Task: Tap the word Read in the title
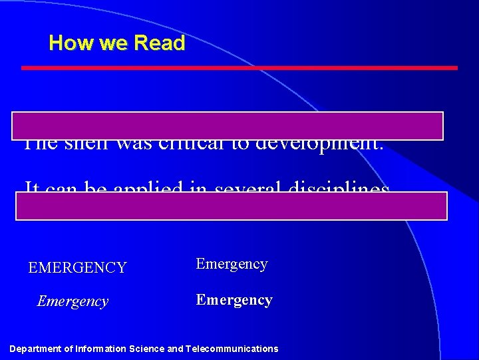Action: [x=160, y=43]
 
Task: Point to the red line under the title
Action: [x=239, y=68]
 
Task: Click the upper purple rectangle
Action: [x=227, y=125]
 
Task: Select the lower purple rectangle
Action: [x=232, y=206]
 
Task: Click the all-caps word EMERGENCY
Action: [x=77, y=268]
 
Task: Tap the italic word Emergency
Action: [x=73, y=301]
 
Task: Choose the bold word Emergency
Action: [x=234, y=300]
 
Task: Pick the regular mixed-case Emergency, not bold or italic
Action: [x=232, y=264]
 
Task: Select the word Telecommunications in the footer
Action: [x=232, y=349]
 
